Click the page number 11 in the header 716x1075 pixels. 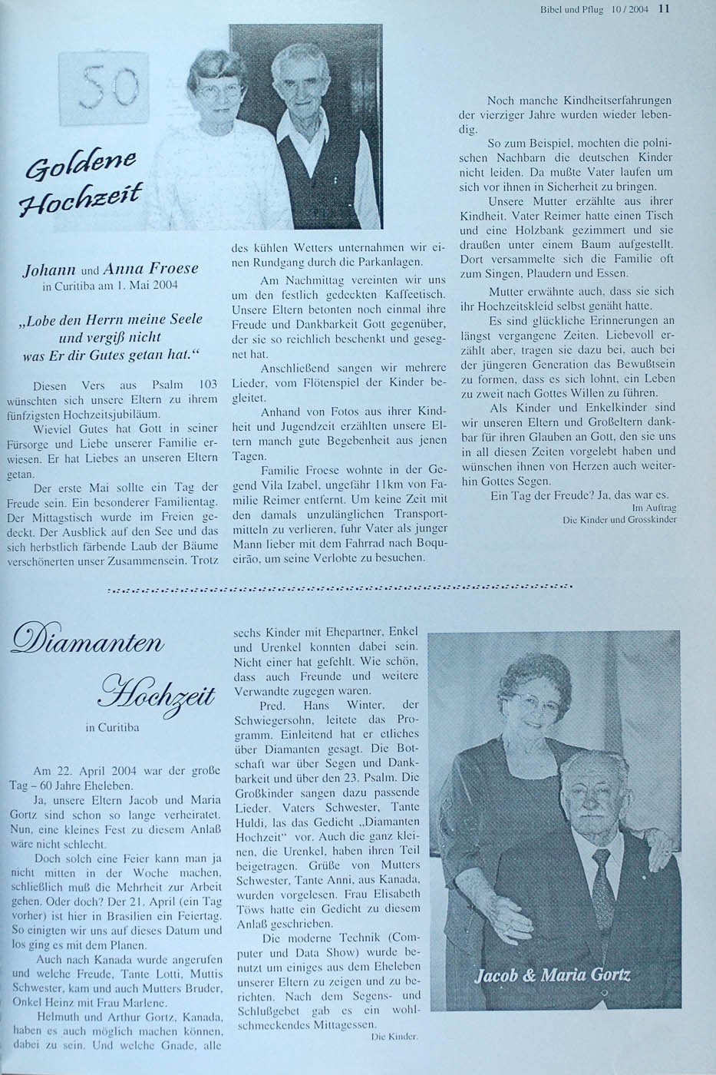point(665,9)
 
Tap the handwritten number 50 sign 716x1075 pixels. point(110,86)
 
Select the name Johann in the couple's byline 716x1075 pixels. point(49,269)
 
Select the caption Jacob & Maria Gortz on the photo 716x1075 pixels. point(553,976)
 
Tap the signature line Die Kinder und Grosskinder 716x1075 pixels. point(619,520)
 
